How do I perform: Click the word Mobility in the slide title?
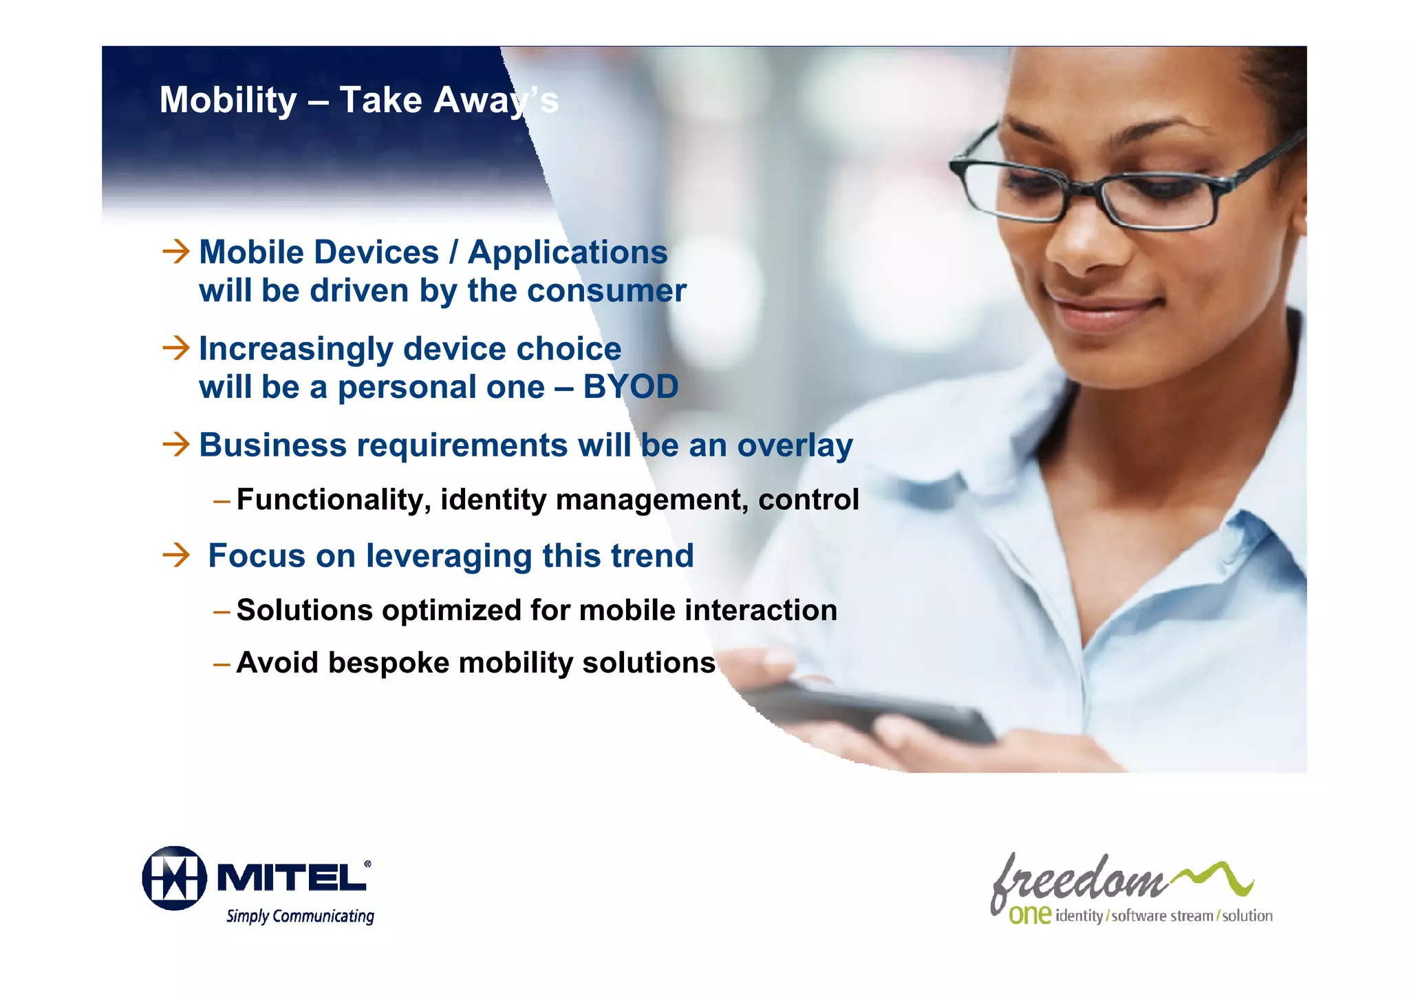pos(228,100)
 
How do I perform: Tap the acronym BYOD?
pos(630,387)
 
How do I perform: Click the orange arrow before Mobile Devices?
pos(176,251)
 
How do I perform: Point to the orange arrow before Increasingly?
pos(176,348)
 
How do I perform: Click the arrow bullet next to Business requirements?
pos(176,444)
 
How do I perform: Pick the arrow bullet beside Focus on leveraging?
pos(176,555)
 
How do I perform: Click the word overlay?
pos(795,446)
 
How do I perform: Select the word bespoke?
pos(390,664)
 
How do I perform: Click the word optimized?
pos(451,611)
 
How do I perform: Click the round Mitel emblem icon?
pos(175,878)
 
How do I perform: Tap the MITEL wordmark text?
pos(293,878)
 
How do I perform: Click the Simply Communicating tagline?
pos(300,916)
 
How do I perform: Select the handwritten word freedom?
pos(1077,881)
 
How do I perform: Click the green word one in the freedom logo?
pos(1029,915)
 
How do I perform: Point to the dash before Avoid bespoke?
pos(222,664)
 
